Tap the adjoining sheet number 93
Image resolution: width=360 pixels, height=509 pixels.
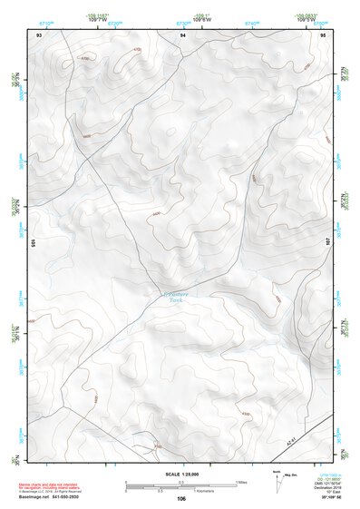pos(39,34)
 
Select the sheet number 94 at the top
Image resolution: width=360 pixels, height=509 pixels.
pos(182,34)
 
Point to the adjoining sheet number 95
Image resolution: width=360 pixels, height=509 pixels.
pos(324,34)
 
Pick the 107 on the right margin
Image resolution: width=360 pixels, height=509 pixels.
pos(328,242)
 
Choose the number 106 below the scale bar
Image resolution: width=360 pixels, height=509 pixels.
pos(182,499)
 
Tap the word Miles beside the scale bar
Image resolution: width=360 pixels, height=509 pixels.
pos(240,482)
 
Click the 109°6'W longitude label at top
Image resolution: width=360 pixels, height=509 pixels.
pos(182,17)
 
